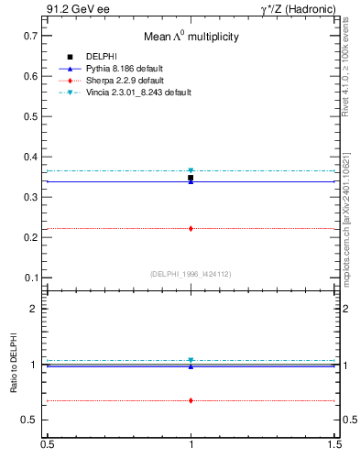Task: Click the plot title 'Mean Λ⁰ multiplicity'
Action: [191, 38]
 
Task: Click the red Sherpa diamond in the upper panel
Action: [191, 228]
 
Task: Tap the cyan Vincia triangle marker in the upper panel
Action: [191, 170]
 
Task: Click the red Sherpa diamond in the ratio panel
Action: [191, 400]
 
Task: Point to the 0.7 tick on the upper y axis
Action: [30, 36]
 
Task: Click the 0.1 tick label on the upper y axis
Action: [30, 278]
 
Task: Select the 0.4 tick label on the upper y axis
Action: [30, 157]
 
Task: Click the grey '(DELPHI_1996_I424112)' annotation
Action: [191, 274]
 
